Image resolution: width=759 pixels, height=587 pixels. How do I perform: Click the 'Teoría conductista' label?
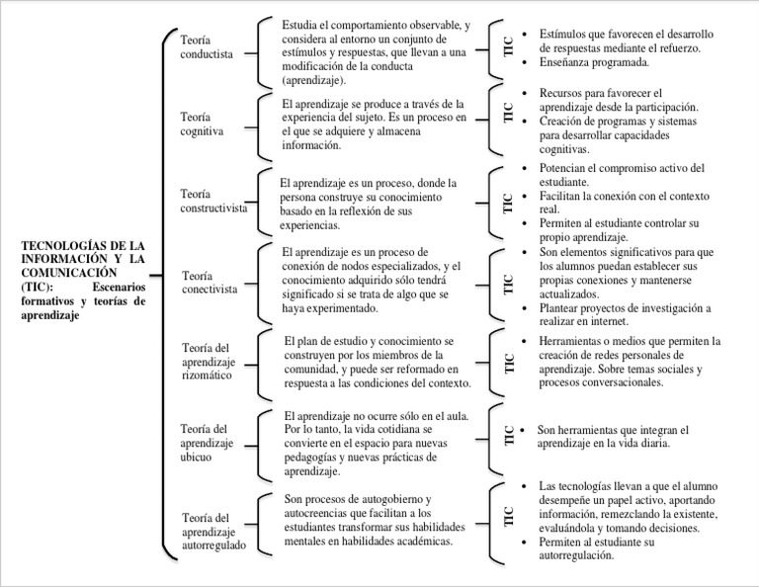tap(208, 46)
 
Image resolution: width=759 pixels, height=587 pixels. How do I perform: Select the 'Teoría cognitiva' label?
tap(203, 123)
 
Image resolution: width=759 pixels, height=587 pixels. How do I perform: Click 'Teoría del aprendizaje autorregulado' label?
tap(214, 530)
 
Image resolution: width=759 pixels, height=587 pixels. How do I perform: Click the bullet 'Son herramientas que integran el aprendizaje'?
tap(613, 437)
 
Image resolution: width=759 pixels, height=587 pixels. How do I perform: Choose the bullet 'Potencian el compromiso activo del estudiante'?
tap(621, 175)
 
